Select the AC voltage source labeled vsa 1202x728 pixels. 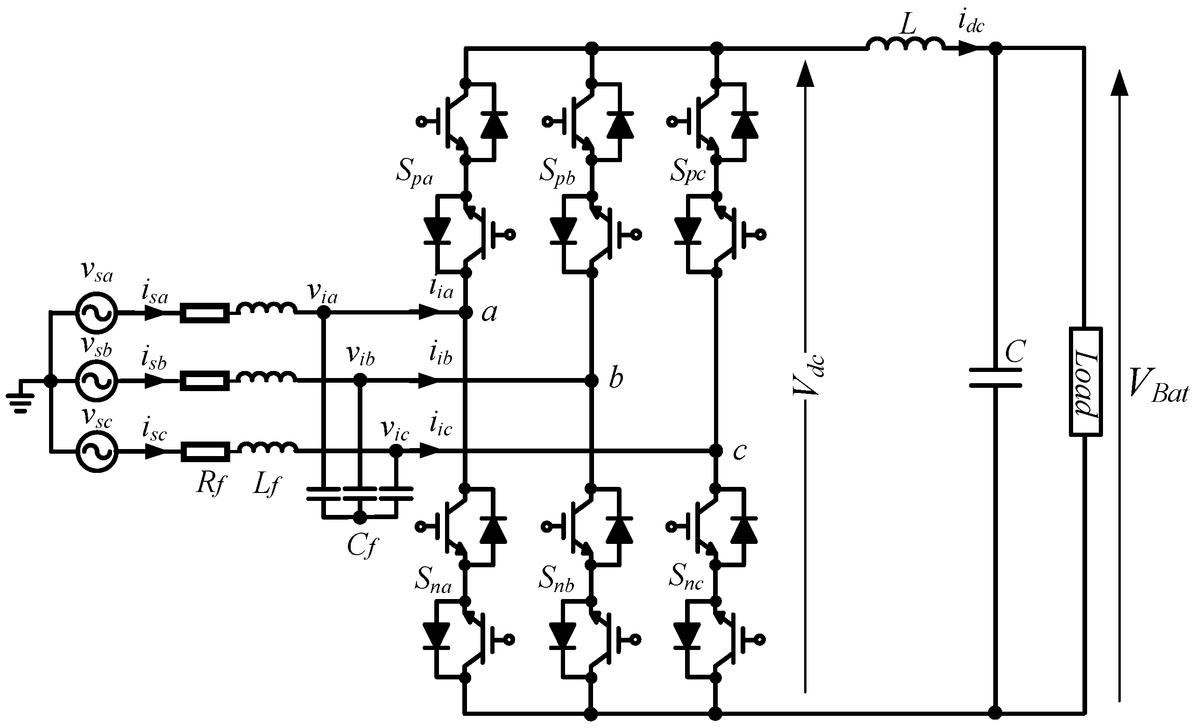(97, 313)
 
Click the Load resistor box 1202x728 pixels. (1085, 381)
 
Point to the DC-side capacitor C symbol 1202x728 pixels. (995, 378)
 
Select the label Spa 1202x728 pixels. (414, 172)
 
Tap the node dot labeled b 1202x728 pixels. (591, 380)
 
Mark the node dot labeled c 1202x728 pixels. (715, 450)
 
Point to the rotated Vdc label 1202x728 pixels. (809, 376)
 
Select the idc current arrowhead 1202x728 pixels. (969, 48)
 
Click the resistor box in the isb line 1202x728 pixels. (205, 380)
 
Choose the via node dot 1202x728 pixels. (323, 312)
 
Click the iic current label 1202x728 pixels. (441, 425)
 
